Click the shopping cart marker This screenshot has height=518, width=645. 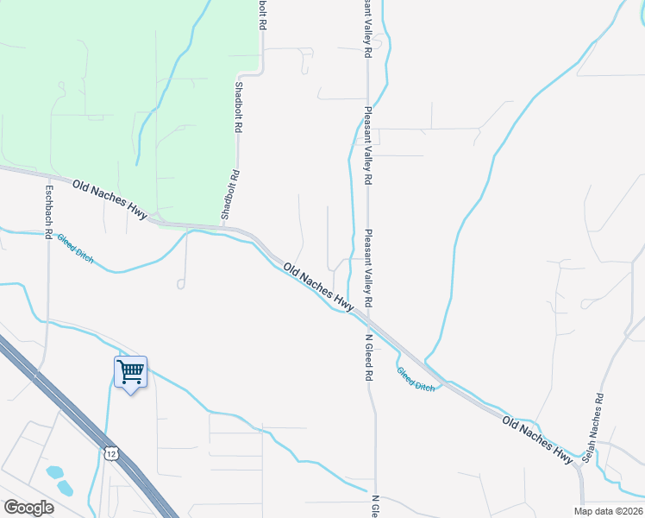point(130,372)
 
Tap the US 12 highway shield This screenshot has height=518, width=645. point(111,453)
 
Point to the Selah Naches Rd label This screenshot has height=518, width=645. point(594,427)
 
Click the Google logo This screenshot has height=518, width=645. point(28,507)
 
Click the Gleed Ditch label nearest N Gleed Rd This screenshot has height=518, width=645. point(416,379)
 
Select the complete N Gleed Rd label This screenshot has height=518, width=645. point(368,357)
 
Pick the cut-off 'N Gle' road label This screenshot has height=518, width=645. point(375,506)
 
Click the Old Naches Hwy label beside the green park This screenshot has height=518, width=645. point(110,199)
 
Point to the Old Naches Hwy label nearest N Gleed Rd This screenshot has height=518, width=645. point(319,288)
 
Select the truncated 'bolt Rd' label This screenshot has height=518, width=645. point(260,15)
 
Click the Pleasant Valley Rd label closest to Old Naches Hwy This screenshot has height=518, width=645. point(368,268)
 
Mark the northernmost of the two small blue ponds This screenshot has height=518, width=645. point(55,472)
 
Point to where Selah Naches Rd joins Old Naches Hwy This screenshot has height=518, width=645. point(583,469)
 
